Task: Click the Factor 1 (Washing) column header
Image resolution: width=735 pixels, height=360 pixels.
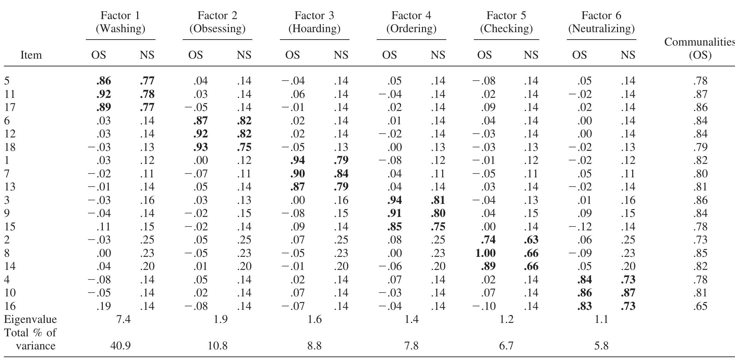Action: [120, 22]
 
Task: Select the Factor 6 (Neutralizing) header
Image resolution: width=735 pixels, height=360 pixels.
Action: [601, 22]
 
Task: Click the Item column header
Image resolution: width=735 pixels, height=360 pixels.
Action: [31, 55]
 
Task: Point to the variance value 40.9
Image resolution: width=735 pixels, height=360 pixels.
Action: [120, 346]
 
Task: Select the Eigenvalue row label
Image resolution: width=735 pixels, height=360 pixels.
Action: [30, 320]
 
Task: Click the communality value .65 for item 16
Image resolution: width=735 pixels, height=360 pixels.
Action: [700, 306]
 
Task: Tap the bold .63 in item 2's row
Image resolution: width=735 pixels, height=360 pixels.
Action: [531, 240]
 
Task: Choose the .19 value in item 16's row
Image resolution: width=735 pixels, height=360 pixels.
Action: [103, 306]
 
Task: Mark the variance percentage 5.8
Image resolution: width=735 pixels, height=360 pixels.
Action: [601, 346]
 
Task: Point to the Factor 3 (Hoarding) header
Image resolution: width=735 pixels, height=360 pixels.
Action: [314, 22]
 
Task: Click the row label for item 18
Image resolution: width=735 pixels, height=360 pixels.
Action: [10, 147]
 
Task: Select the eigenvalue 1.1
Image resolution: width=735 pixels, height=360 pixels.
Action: [601, 319]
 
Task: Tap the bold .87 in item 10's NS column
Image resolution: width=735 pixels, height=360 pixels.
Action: [628, 293]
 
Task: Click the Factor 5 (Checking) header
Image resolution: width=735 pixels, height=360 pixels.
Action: [506, 22]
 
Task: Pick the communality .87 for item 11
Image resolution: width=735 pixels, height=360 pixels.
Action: [700, 94]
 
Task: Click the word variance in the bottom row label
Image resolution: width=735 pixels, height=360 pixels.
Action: [36, 346]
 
